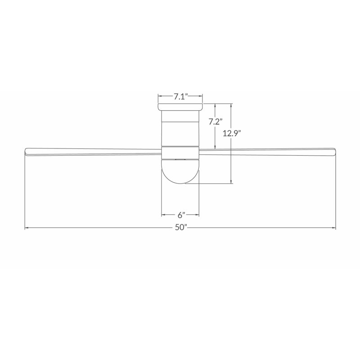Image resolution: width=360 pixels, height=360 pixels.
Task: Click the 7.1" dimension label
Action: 181,97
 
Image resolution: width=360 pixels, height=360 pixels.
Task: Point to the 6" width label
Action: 181,215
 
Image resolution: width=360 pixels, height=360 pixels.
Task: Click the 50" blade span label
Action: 181,227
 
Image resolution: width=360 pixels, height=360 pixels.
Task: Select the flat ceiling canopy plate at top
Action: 180,107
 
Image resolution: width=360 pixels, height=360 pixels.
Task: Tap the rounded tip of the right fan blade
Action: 334,152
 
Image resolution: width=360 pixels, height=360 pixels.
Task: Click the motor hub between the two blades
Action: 180,153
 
